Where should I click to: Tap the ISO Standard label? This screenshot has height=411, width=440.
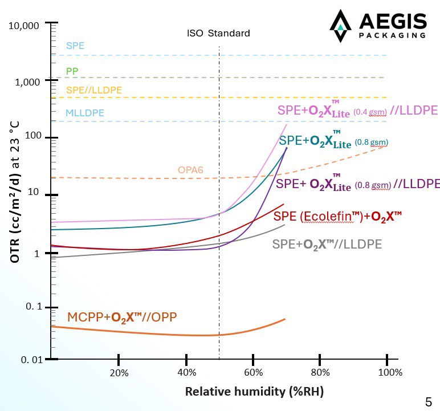(x=218, y=33)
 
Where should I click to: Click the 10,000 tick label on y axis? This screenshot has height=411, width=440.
(x=25, y=26)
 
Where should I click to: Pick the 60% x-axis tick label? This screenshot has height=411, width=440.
(x=253, y=373)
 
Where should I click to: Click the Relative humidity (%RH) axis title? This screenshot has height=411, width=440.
(x=254, y=392)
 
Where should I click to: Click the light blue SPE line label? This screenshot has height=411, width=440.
(x=75, y=46)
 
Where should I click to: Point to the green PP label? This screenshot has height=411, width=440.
(x=72, y=71)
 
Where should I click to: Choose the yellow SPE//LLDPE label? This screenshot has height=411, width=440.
(x=94, y=90)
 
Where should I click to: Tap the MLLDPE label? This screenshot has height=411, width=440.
(x=85, y=113)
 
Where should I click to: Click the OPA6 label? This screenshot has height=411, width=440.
(x=190, y=170)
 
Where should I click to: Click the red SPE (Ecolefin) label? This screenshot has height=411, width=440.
(x=337, y=216)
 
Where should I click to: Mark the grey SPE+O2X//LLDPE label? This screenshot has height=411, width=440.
(x=327, y=245)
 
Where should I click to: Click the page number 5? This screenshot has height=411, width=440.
(x=428, y=400)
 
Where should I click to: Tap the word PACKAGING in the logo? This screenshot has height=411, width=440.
(x=393, y=35)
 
